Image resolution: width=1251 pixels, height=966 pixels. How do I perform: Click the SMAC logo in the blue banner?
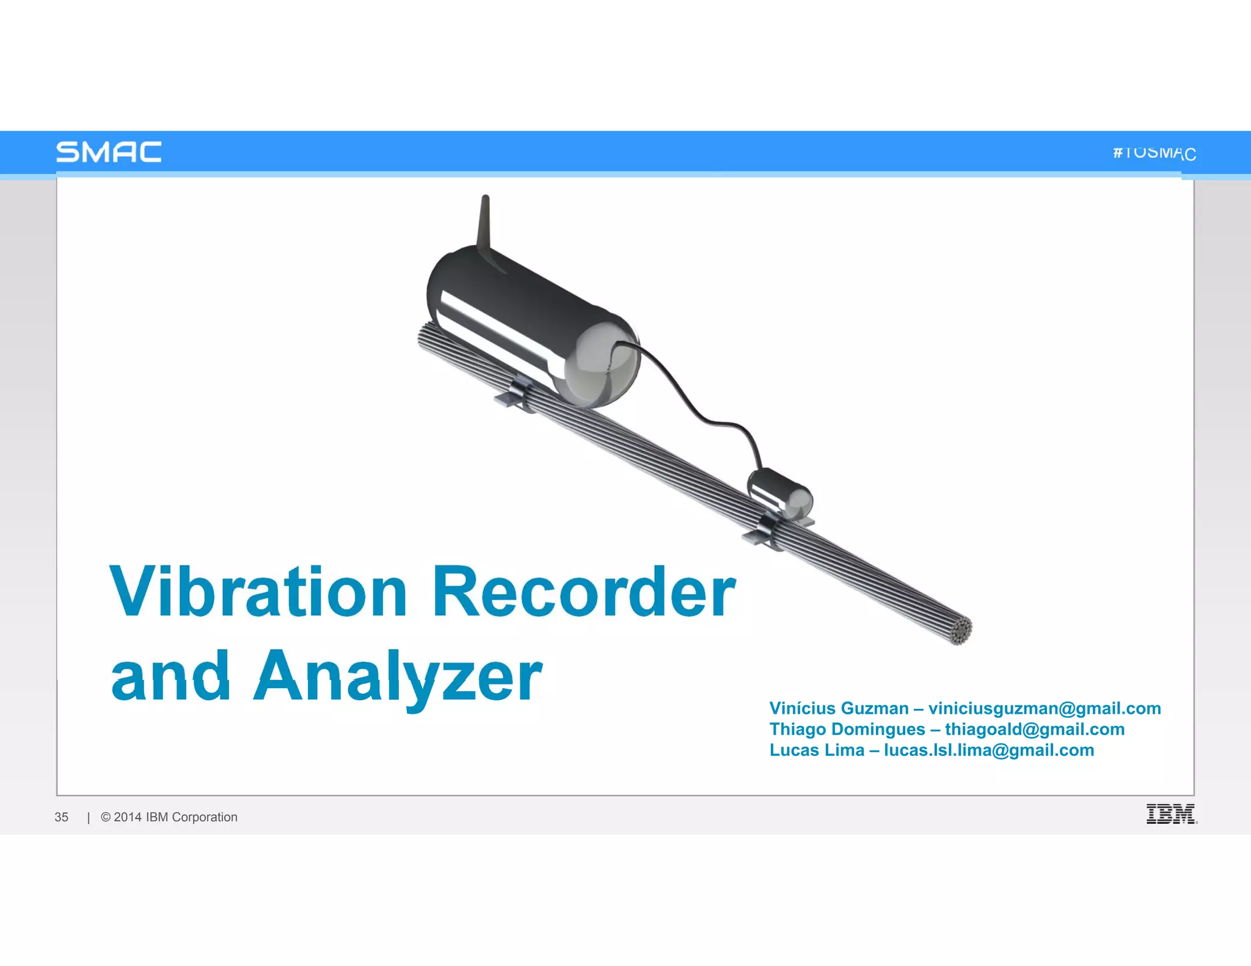(x=109, y=152)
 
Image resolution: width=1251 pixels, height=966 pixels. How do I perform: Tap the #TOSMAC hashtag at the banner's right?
(x=1154, y=153)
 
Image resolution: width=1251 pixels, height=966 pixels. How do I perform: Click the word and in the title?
(x=170, y=677)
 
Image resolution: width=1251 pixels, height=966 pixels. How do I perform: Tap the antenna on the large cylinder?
(x=484, y=223)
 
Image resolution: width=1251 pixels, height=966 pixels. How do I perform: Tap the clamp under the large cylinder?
(x=515, y=394)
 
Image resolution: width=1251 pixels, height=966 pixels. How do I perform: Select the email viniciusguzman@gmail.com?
(x=1044, y=708)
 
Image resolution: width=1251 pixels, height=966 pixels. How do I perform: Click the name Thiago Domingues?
(x=847, y=729)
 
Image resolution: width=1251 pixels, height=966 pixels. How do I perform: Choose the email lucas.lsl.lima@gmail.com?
(x=988, y=750)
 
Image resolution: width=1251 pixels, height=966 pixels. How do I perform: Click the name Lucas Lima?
(x=816, y=750)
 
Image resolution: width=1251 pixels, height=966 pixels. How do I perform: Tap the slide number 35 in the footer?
(x=62, y=817)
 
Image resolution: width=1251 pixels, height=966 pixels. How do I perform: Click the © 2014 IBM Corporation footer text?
(x=169, y=817)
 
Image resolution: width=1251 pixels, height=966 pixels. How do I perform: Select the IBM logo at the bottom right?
(x=1170, y=814)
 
